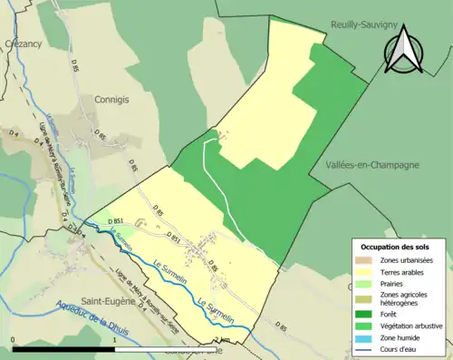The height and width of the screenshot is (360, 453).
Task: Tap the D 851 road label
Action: coord(115,221)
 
